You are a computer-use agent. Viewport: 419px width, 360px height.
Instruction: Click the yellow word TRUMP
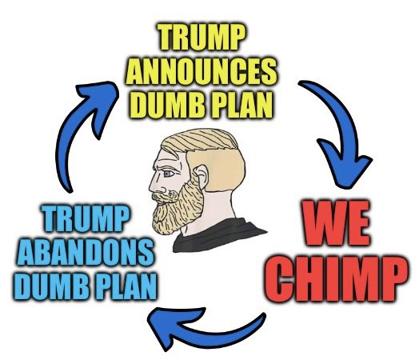(201, 37)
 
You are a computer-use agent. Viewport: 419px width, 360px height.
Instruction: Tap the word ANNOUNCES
(202, 71)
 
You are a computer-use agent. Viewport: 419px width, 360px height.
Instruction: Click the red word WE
(336, 223)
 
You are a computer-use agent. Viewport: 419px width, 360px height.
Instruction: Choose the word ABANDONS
(86, 253)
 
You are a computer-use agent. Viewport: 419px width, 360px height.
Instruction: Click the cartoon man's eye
(168, 174)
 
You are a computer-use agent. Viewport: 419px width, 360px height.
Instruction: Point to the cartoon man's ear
(201, 176)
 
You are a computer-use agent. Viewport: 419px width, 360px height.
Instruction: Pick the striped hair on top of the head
(200, 140)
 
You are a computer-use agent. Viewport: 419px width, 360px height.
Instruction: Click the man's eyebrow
(168, 167)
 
